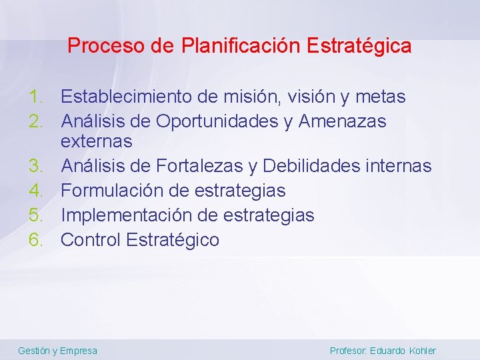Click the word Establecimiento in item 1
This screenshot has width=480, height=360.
pyautogui.click(x=127, y=97)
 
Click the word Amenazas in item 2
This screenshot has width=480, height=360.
pyautogui.click(x=343, y=122)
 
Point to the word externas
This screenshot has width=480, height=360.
pyautogui.click(x=97, y=141)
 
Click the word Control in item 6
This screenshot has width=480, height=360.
pyautogui.click(x=89, y=240)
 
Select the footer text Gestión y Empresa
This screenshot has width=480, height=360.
pyautogui.click(x=57, y=351)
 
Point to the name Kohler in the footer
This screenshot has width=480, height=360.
pyautogui.click(x=422, y=351)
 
